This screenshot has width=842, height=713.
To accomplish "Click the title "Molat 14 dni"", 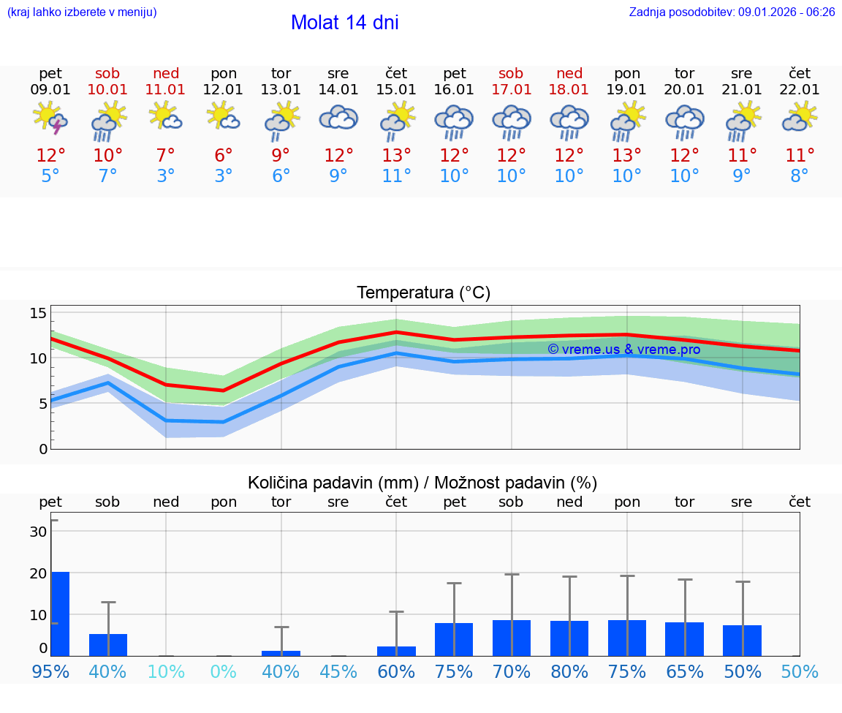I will tap(344, 23).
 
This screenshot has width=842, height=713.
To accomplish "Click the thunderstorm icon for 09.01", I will tap(50, 119).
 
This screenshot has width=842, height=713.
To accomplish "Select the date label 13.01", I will tap(281, 90).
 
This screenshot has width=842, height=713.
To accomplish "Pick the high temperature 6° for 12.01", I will tap(224, 156).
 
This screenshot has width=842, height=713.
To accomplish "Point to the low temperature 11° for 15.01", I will tap(396, 176).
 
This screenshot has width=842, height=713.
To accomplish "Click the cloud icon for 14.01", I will tap(338, 118).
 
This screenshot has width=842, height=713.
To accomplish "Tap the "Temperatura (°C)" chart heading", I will tap(423, 293).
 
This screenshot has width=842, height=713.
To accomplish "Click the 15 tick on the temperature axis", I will tap(38, 313).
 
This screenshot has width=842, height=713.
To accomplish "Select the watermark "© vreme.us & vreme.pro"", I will tap(623, 350).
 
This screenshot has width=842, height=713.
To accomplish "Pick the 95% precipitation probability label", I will tap(50, 671).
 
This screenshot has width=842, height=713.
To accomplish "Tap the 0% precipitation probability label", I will tap(224, 671).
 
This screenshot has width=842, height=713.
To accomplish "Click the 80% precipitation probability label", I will tap(569, 671).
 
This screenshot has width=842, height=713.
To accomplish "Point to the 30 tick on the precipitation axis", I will tap(39, 532).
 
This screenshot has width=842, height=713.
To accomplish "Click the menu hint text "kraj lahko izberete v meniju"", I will tap(81, 12).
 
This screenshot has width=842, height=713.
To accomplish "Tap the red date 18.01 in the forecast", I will tap(569, 90).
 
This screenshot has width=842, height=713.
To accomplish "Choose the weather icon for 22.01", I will tap(800, 118).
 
